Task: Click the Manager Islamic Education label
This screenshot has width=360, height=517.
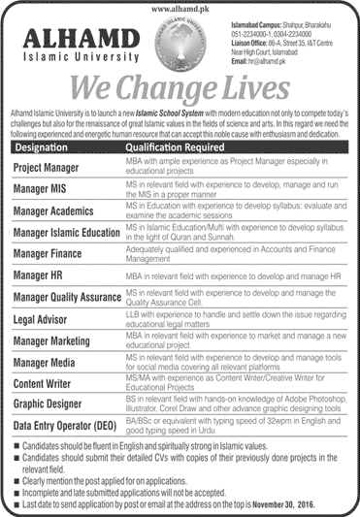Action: (x=68, y=230)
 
